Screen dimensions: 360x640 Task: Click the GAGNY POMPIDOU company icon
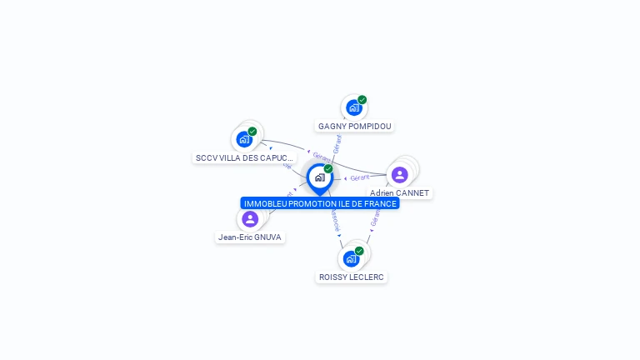353,107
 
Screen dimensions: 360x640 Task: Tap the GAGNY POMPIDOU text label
354,127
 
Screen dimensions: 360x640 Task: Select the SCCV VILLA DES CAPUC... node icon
244,139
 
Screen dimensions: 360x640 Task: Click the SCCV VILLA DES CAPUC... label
244,157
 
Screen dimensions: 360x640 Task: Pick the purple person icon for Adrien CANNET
399,174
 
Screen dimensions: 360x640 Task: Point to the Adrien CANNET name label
400,193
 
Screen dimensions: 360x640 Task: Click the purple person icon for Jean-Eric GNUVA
250,219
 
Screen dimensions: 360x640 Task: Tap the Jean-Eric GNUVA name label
250,237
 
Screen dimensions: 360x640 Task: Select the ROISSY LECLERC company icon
351,258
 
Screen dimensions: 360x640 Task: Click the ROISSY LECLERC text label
352,277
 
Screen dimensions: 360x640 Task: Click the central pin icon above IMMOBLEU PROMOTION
319,177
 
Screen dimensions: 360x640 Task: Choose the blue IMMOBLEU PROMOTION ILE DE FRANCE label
320,203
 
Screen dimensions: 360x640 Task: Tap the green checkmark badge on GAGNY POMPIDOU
362,100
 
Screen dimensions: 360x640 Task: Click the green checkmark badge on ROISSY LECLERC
359,251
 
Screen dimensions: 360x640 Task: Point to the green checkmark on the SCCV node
252,131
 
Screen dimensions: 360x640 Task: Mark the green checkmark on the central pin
328,169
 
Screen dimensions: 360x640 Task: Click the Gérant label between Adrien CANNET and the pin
360,177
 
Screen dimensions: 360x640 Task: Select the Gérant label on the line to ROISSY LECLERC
375,219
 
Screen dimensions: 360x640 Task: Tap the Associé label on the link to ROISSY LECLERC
334,221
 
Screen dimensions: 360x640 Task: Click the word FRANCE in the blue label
381,203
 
